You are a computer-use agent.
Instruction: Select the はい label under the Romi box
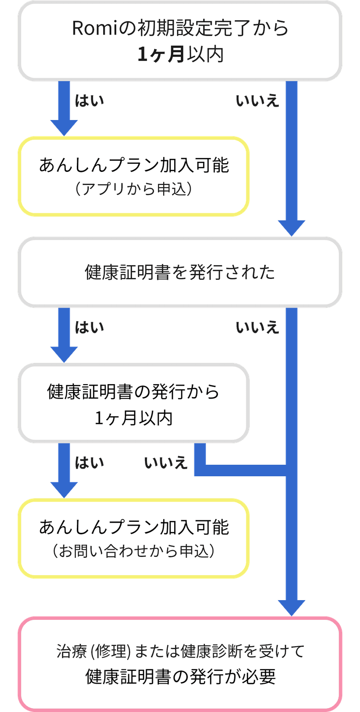(89, 101)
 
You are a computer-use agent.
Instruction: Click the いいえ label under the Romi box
(257, 101)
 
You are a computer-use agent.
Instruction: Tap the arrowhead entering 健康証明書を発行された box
(291, 228)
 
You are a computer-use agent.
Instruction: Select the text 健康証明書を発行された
(180, 272)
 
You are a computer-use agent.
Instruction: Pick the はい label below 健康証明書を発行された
(89, 327)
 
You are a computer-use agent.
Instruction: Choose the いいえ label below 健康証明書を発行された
(257, 327)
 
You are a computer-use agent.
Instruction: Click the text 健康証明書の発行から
(133, 392)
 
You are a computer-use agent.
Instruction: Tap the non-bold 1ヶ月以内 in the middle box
(133, 418)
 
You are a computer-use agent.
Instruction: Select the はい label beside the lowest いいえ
(89, 463)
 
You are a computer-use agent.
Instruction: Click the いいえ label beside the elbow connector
(166, 463)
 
